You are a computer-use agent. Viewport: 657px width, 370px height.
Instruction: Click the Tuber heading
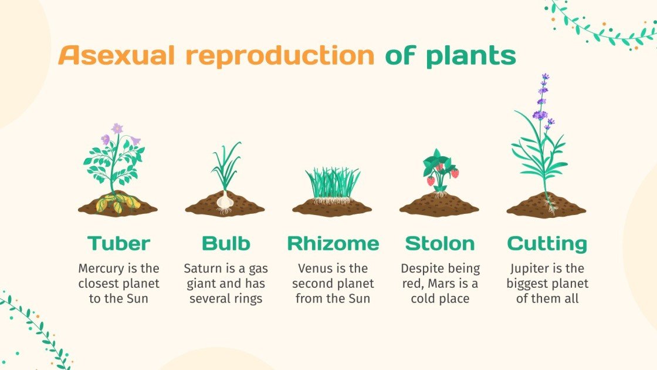pos(118,243)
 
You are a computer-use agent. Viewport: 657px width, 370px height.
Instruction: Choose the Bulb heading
pos(226,243)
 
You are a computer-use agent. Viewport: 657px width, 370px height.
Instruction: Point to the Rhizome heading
pos(333,243)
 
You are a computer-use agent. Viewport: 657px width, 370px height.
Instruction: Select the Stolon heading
pos(440,243)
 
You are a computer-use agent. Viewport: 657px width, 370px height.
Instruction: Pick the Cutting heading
pos(547,244)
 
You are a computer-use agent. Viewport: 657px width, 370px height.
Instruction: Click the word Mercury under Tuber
pos(100,268)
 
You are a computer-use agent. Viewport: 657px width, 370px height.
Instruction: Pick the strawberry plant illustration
pos(441,170)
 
